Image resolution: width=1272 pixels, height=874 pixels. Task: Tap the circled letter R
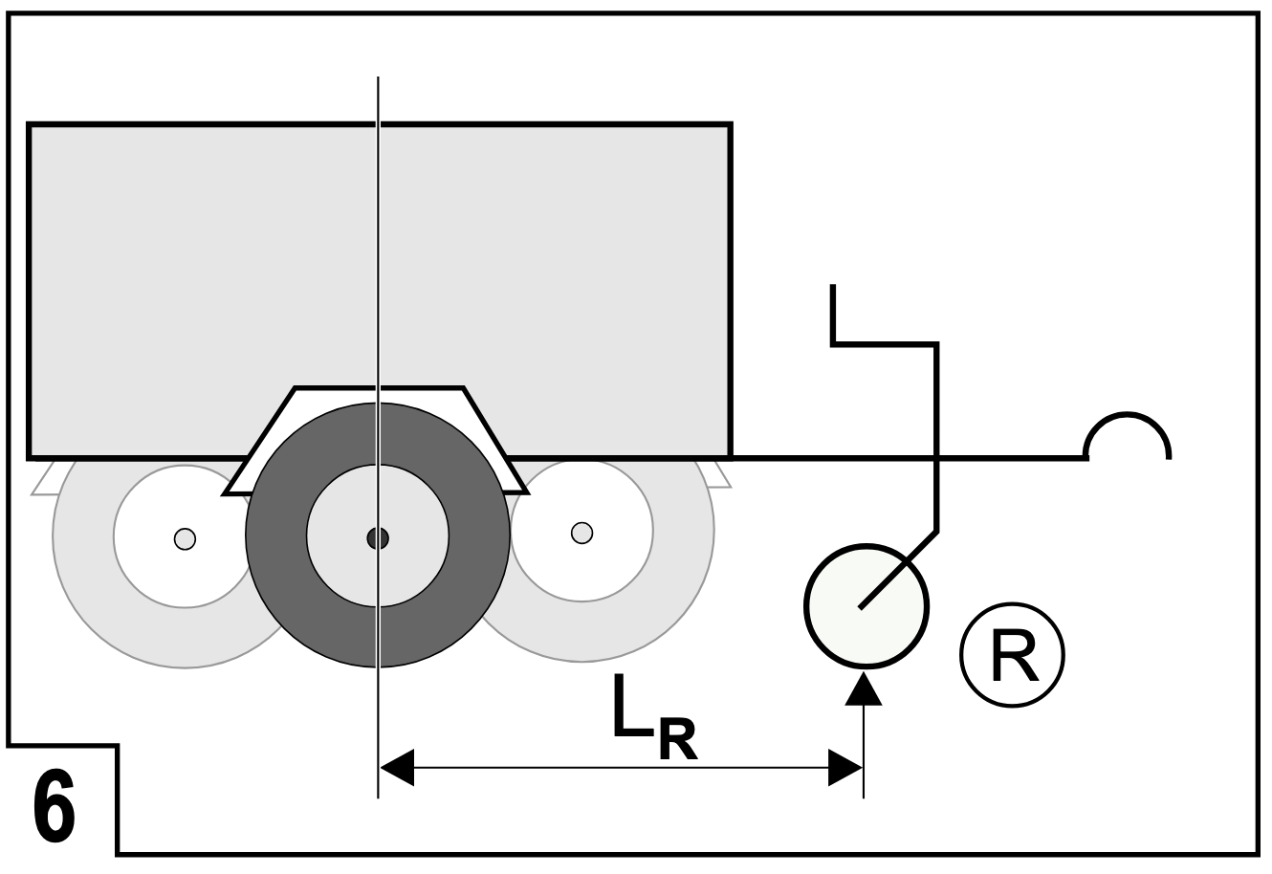pyautogui.click(x=1012, y=655)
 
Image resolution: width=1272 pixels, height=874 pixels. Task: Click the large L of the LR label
pyautogui.click(x=632, y=706)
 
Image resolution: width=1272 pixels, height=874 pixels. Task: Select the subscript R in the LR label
pyautogui.click(x=677, y=739)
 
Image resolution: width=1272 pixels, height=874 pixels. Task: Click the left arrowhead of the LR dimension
pyautogui.click(x=397, y=768)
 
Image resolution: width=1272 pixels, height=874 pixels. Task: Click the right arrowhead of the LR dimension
pyautogui.click(x=845, y=768)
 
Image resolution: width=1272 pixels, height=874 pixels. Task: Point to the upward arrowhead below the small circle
pyautogui.click(x=864, y=688)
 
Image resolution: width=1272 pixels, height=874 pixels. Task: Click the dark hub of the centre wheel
pyautogui.click(x=378, y=537)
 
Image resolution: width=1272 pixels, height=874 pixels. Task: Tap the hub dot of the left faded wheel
pyautogui.click(x=186, y=539)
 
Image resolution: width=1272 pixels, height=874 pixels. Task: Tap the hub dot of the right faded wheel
pyautogui.click(x=582, y=534)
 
